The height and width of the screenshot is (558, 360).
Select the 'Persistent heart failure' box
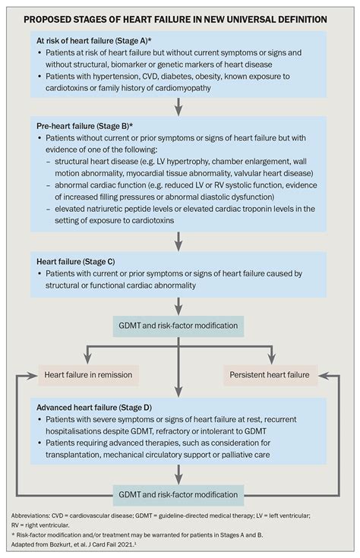click(x=270, y=374)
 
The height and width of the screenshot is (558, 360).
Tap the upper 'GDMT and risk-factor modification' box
click(x=179, y=326)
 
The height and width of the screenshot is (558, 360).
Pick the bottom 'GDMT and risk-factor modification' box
click(x=179, y=493)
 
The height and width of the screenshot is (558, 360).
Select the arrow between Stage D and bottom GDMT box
click(x=179, y=474)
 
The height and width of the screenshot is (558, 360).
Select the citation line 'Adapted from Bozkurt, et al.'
click(x=76, y=544)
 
